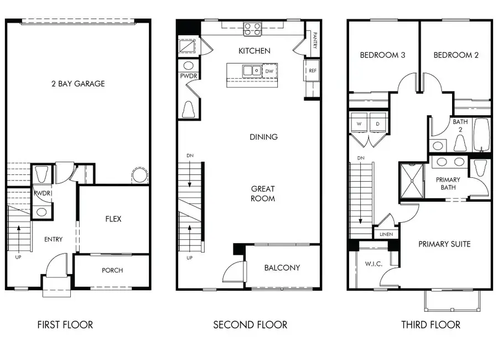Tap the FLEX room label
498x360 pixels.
(x=113, y=219)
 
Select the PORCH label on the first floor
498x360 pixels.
(x=112, y=270)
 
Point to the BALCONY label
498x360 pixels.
(x=282, y=268)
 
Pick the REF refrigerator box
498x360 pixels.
(x=313, y=70)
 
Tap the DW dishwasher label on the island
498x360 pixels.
(x=269, y=71)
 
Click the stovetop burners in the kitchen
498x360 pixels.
(x=253, y=29)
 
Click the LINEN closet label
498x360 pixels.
(x=386, y=234)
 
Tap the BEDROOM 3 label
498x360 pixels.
(x=382, y=55)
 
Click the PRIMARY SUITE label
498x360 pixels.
(x=444, y=244)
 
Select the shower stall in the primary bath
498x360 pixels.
(x=411, y=180)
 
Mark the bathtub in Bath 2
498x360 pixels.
(x=482, y=135)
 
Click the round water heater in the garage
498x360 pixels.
(x=139, y=176)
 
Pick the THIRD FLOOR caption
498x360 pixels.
(x=430, y=325)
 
